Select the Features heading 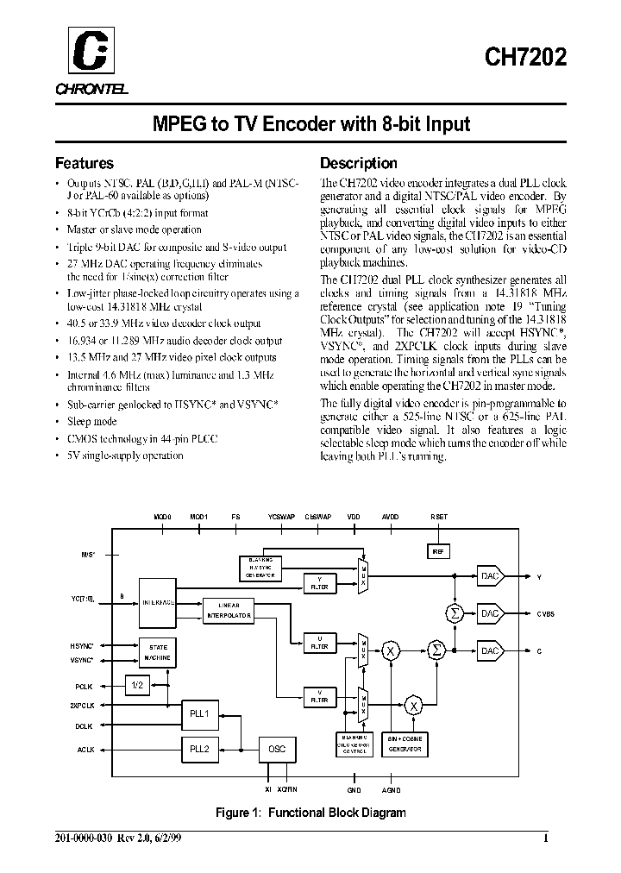(x=85, y=163)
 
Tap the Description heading (x=359, y=163)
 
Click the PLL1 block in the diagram (x=200, y=714)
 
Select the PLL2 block (x=200, y=749)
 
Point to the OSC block (x=276, y=749)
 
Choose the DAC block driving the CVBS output (x=490, y=613)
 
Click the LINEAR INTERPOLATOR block (x=228, y=611)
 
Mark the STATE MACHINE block (x=159, y=652)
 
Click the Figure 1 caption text (x=310, y=812)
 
